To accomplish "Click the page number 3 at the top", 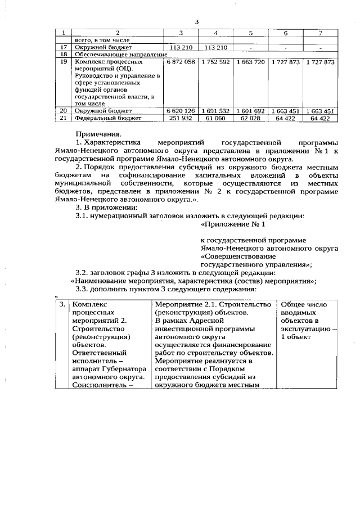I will coord(197,22).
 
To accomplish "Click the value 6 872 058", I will coord(181,61).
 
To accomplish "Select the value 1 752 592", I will coord(215,61).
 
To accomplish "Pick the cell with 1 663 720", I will coord(250,61).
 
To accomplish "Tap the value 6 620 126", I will coord(181,111).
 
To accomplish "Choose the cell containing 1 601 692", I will coord(250,111).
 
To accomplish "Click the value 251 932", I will coord(181,119).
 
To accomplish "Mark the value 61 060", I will coord(215,119).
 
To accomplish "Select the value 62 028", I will coord(250,119).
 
